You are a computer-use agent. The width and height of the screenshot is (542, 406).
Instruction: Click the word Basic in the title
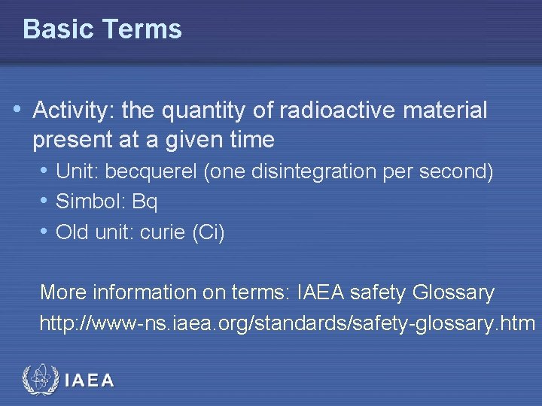click(57, 29)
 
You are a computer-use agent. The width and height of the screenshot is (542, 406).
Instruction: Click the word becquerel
click(151, 171)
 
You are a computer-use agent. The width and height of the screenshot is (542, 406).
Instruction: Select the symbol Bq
click(144, 202)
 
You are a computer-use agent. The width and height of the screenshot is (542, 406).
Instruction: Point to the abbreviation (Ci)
click(208, 233)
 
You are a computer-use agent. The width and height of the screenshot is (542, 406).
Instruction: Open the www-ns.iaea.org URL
click(287, 323)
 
